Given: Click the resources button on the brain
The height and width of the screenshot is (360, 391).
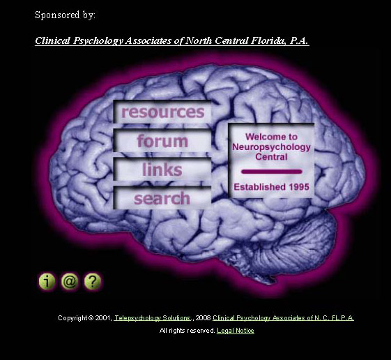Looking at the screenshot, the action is click(162, 112).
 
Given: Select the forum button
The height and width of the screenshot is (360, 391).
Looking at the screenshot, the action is click(162, 140).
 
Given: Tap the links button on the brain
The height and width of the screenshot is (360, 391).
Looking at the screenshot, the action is click(162, 170).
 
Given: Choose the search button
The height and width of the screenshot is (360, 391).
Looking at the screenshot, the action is click(162, 198).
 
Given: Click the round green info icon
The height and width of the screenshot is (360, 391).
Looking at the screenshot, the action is click(47, 281).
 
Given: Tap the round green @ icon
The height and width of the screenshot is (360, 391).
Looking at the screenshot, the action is click(70, 281).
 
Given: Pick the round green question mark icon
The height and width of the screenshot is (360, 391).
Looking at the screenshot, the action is click(92, 281).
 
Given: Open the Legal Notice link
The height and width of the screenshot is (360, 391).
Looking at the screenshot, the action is click(236, 331).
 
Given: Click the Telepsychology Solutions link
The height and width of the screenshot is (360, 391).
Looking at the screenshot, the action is click(153, 318).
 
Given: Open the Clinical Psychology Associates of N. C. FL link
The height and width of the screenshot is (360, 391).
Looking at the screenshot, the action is click(283, 318).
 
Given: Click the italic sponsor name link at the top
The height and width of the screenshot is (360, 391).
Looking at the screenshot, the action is click(172, 40).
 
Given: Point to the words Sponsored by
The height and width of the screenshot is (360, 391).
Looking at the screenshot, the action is click(65, 15).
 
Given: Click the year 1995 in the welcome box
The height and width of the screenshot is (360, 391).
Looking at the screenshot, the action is click(299, 187).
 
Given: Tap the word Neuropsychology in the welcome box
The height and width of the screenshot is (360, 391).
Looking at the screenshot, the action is click(271, 147).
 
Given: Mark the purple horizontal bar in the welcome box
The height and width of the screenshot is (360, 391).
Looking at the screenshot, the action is click(272, 172).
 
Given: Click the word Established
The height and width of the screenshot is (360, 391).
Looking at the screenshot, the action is click(259, 187).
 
